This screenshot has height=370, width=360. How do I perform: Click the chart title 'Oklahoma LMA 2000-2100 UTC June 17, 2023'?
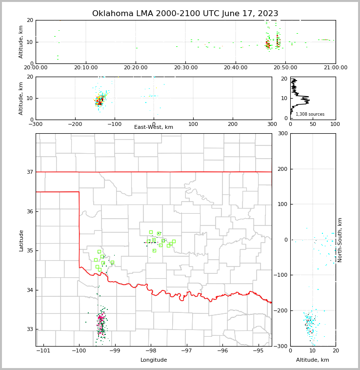click(185, 14)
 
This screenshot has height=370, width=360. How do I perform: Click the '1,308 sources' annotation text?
click(310, 114)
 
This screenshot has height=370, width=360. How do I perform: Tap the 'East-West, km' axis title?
click(154, 127)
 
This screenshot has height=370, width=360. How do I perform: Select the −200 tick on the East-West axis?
click(75, 124)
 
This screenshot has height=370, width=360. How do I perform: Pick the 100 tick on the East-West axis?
click(193, 124)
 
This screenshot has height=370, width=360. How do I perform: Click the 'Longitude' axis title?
click(154, 360)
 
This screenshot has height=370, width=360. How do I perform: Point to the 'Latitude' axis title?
click(21, 240)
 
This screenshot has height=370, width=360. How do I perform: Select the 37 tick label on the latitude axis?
click(29, 172)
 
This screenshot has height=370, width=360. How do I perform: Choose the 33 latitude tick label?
click(29, 329)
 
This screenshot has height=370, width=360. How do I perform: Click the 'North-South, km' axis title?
click(340, 240)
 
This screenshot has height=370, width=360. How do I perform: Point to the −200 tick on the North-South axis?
click(280, 310)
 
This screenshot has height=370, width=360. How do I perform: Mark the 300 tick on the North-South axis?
click(282, 133)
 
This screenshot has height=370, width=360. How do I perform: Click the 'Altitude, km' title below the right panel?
click(313, 360)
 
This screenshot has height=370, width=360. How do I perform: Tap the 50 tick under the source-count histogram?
click(313, 124)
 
